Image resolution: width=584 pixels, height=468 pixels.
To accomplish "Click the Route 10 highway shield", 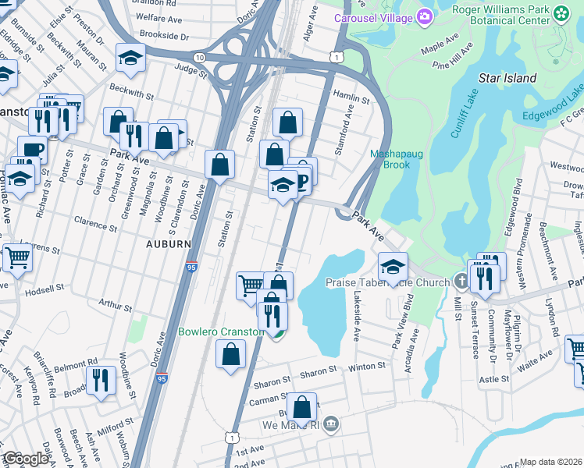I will [x=201, y=58].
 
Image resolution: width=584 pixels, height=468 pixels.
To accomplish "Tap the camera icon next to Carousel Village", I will [x=425, y=16].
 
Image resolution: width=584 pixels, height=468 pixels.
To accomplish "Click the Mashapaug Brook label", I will [x=396, y=159].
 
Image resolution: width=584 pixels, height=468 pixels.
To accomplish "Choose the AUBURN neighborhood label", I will [x=169, y=244].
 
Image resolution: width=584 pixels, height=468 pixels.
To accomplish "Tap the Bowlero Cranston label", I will [x=221, y=331].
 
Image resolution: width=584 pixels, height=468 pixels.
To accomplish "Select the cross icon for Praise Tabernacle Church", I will [x=462, y=282].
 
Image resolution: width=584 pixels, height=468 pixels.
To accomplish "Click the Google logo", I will [x=26, y=459].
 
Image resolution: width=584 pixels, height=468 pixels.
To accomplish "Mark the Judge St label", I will [x=191, y=72].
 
